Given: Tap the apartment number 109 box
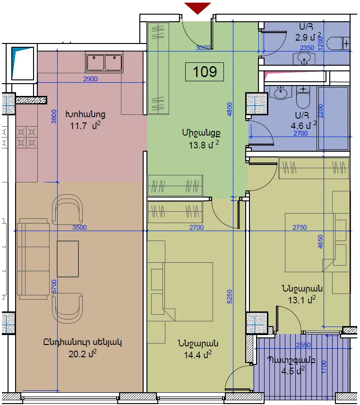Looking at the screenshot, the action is [205, 71].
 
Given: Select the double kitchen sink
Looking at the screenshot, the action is [104, 62].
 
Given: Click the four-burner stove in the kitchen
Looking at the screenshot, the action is [26, 137].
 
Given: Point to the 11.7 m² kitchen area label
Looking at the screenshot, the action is [85, 126].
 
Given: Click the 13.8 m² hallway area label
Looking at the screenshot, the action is [204, 145].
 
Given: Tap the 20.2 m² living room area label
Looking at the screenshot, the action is [83, 353].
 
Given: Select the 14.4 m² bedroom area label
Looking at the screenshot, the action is [197, 354].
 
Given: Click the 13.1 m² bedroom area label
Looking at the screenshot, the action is [302, 300].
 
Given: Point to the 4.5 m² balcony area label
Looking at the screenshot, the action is [293, 371].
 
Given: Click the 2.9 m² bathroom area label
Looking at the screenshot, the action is [308, 37].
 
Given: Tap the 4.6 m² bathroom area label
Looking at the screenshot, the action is [304, 126].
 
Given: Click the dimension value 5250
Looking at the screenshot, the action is [230, 296].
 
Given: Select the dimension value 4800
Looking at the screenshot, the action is [230, 109].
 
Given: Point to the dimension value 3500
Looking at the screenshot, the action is [79, 227].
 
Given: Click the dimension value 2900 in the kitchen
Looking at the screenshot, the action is [90, 79].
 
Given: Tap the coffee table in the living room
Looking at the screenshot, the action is [68, 259].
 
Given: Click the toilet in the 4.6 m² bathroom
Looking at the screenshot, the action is [303, 97].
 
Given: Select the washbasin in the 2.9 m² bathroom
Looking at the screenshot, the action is [304, 58].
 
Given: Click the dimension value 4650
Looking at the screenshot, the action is [320, 241].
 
